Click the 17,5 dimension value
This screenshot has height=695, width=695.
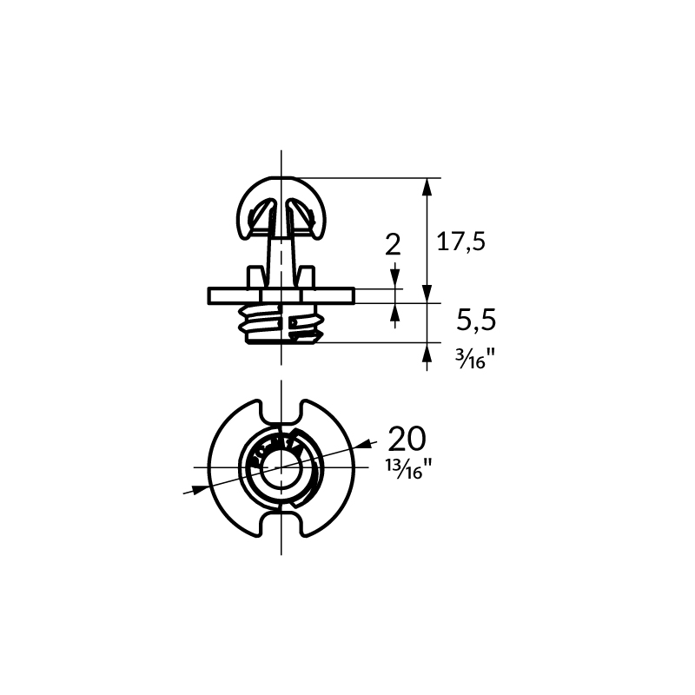[x=461, y=242]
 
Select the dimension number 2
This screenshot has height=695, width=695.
[x=393, y=245]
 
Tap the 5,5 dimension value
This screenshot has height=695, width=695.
[x=476, y=320]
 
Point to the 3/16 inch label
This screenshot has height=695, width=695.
[x=474, y=358]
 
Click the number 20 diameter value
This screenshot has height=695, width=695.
[x=407, y=439]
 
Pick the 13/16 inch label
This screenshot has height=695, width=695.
[x=408, y=468]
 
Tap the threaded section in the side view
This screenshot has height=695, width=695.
[x=280, y=323]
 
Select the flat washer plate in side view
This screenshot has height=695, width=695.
[x=281, y=296]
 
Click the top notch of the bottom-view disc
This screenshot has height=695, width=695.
[x=281, y=411]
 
